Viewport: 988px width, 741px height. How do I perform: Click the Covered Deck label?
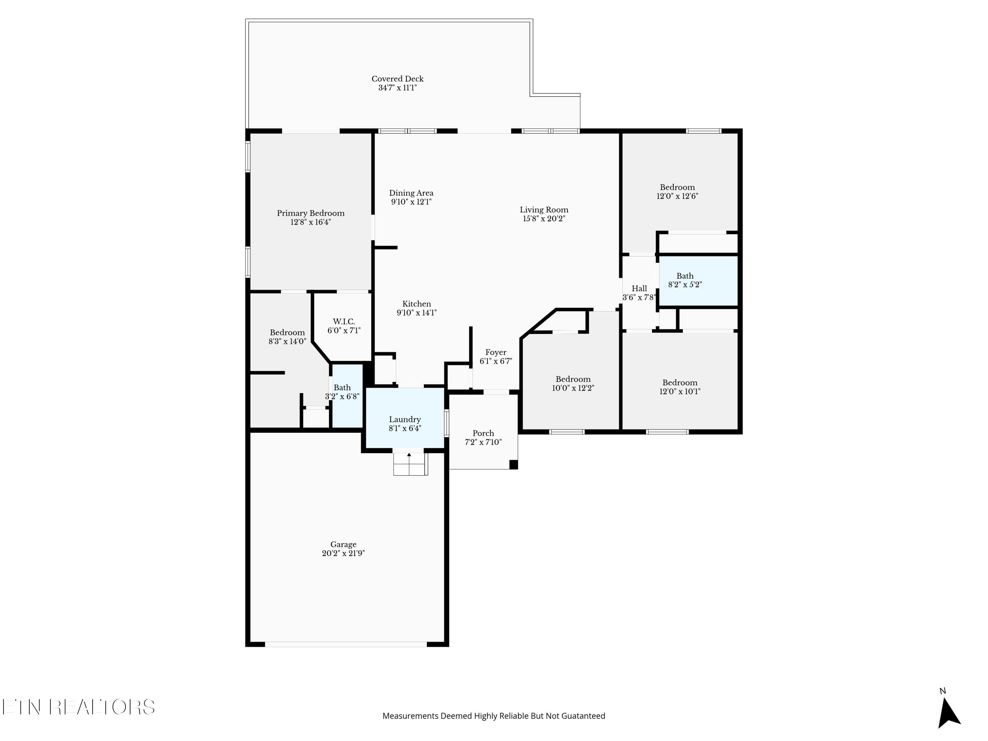(x=398, y=79)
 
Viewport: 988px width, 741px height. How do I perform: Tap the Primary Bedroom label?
(x=311, y=213)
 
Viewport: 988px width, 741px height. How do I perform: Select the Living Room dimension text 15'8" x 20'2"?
(x=544, y=218)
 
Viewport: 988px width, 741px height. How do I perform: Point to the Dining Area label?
(x=411, y=193)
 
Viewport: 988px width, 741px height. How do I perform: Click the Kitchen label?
(x=416, y=304)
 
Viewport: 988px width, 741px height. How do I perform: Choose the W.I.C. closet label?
(x=344, y=321)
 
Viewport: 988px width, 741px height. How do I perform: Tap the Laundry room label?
(x=405, y=420)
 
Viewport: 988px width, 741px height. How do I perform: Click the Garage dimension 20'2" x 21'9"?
(x=343, y=553)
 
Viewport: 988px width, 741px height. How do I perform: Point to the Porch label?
(x=483, y=433)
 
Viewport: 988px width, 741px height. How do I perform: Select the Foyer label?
(x=496, y=352)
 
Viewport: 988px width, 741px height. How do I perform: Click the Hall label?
(x=639, y=288)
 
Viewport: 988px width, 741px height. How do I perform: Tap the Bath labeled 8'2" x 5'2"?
(x=685, y=276)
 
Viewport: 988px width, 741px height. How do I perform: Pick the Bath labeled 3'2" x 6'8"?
(x=342, y=388)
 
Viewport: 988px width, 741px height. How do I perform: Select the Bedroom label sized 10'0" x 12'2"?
(x=573, y=379)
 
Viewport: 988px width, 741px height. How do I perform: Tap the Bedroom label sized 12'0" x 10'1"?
(x=680, y=382)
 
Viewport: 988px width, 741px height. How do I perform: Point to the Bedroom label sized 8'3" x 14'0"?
(x=287, y=332)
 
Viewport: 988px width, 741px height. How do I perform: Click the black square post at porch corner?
(x=514, y=464)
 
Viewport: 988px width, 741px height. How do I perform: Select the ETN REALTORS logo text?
(x=79, y=707)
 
